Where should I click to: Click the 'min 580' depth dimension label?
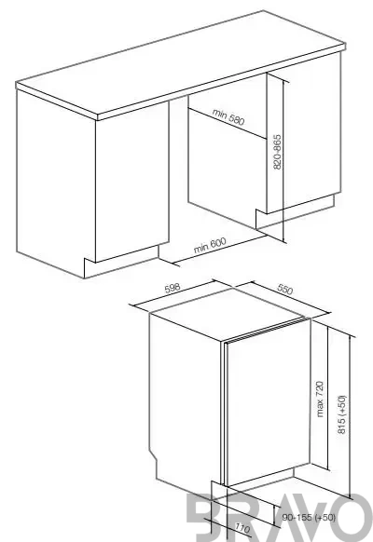228,117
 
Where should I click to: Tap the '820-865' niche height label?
278,152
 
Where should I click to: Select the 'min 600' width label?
210,245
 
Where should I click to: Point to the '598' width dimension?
173,288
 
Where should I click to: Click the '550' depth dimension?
284,289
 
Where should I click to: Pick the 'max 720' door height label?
320,399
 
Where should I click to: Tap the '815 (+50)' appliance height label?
341,414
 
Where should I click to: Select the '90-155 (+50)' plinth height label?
309,517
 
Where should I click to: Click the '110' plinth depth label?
242,528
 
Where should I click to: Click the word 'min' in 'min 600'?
201,248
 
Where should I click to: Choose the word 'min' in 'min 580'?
219,114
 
